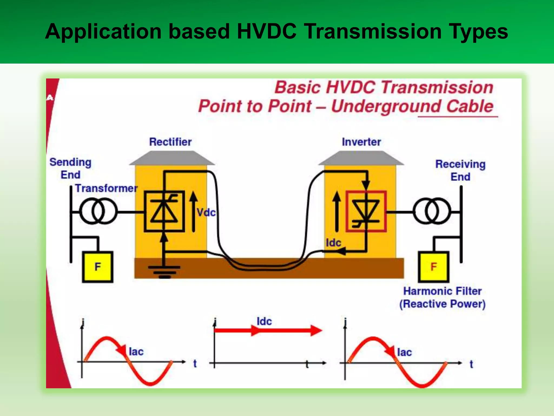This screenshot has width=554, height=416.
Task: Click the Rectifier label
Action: point(170,142)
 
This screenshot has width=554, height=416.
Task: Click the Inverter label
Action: point(361,142)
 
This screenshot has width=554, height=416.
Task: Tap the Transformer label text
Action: point(106,188)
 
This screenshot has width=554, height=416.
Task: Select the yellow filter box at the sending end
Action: point(98,267)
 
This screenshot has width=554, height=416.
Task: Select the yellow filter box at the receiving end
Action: point(434,267)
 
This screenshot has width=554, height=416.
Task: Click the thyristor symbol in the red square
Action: point(366,212)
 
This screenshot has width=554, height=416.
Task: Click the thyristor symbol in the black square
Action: point(164,212)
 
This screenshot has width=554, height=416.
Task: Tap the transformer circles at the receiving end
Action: point(432,211)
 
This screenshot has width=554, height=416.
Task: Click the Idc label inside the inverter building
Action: point(333,243)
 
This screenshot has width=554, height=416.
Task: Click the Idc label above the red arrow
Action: point(264,321)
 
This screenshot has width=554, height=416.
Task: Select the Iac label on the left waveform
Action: point(136,352)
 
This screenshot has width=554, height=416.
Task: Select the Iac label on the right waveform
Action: point(404,352)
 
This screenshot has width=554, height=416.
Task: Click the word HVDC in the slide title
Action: point(266,32)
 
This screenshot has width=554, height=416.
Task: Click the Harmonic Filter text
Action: point(442,291)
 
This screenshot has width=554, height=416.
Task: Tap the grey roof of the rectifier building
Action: point(172,158)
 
